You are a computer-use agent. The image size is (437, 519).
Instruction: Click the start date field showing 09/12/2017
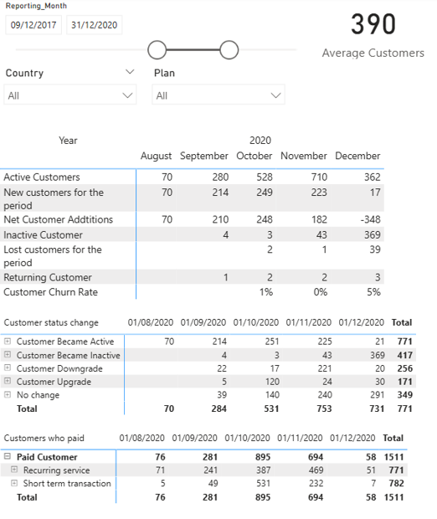33,25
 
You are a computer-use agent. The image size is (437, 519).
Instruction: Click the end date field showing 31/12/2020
94,25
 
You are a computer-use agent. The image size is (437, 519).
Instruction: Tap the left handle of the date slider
157,50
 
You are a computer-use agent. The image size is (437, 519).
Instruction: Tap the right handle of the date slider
229,50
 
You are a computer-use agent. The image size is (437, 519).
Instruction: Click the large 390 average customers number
373,25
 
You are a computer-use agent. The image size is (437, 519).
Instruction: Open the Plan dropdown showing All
218,95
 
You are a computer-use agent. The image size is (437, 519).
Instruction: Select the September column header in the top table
203,156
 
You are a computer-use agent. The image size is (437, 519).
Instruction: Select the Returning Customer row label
48,277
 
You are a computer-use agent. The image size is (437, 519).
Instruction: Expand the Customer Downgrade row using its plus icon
8,368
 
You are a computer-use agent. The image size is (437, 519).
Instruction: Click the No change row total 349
403,395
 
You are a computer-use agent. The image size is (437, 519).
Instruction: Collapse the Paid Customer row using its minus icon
8,457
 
